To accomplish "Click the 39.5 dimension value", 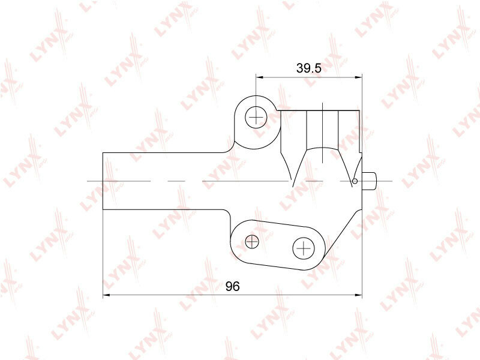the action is (x=308, y=68).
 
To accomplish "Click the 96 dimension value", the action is (x=233, y=286).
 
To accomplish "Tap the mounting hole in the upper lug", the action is (x=256, y=117).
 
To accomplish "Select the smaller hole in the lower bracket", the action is (x=252, y=241).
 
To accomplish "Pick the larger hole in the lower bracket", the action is (x=304, y=248).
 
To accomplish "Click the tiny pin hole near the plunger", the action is (x=355, y=181).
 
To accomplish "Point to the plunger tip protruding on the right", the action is (x=369, y=181).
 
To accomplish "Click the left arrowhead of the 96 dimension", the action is (x=106, y=295).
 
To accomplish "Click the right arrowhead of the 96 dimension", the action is (x=358, y=295).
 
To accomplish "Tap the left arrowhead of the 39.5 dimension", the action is (x=260, y=77).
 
